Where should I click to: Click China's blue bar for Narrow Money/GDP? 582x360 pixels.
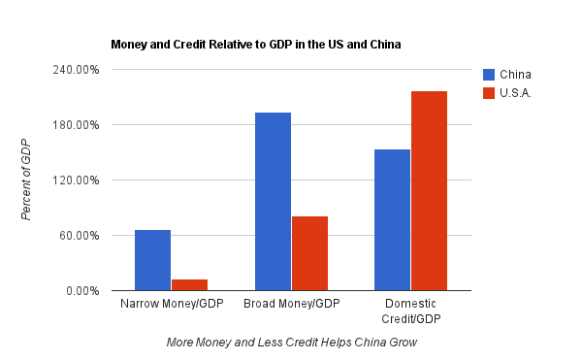point(152,260)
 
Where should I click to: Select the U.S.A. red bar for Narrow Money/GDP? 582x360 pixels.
point(190,285)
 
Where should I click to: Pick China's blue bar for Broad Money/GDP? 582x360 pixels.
point(273,202)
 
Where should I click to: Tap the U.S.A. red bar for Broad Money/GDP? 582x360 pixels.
point(310,253)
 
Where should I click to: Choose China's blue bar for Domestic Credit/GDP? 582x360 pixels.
point(392,220)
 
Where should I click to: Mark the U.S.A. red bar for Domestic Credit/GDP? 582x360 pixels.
point(429,191)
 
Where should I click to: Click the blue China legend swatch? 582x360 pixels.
point(489,75)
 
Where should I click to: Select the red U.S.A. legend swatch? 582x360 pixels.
point(489,93)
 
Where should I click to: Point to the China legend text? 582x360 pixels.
point(515,75)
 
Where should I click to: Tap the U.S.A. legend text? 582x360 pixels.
point(515,93)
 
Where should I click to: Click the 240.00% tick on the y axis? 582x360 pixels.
point(76,70)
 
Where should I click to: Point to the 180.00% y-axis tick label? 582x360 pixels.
point(76,125)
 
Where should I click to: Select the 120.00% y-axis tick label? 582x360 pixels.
point(76,180)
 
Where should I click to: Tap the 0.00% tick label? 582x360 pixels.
point(82,291)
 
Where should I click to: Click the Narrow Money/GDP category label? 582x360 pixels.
point(172,304)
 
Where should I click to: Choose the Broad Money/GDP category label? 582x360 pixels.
point(292,304)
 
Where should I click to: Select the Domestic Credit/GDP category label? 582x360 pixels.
point(411,311)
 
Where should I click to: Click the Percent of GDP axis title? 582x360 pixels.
point(26,180)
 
